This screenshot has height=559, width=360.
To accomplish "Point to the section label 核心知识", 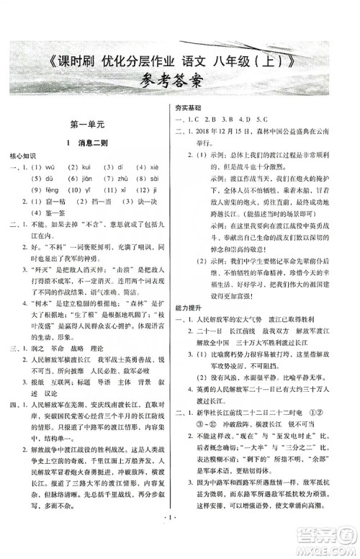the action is [23, 156].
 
